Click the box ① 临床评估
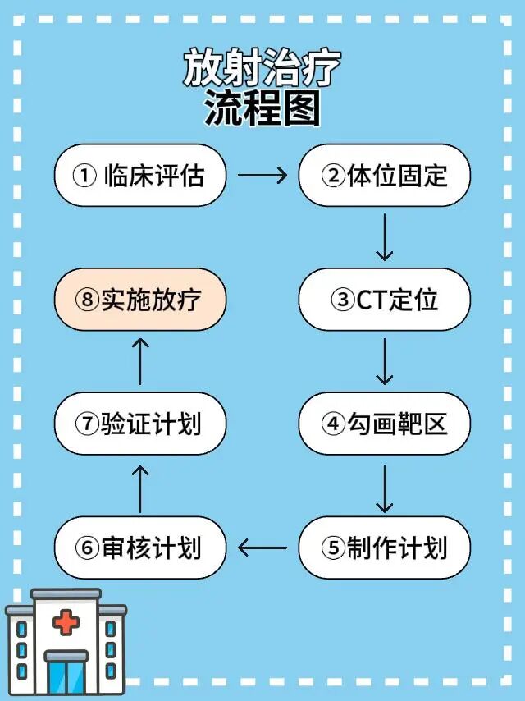[x=139, y=176]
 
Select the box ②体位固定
[x=384, y=176]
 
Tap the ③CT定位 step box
[x=384, y=300]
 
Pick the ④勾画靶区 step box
[x=384, y=424]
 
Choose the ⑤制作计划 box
[x=384, y=548]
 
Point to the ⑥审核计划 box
[x=139, y=548]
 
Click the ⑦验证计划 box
[x=139, y=424]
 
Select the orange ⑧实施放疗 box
[x=139, y=300]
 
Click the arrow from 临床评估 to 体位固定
[x=262, y=175]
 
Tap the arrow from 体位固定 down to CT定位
[x=384, y=237]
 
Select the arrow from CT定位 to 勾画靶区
[x=384, y=361]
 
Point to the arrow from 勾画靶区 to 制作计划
[x=384, y=486]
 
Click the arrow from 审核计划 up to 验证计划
[x=140, y=486]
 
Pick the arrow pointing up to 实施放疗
[x=140, y=361]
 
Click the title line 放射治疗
[x=262, y=69]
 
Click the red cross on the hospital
[x=66, y=622]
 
